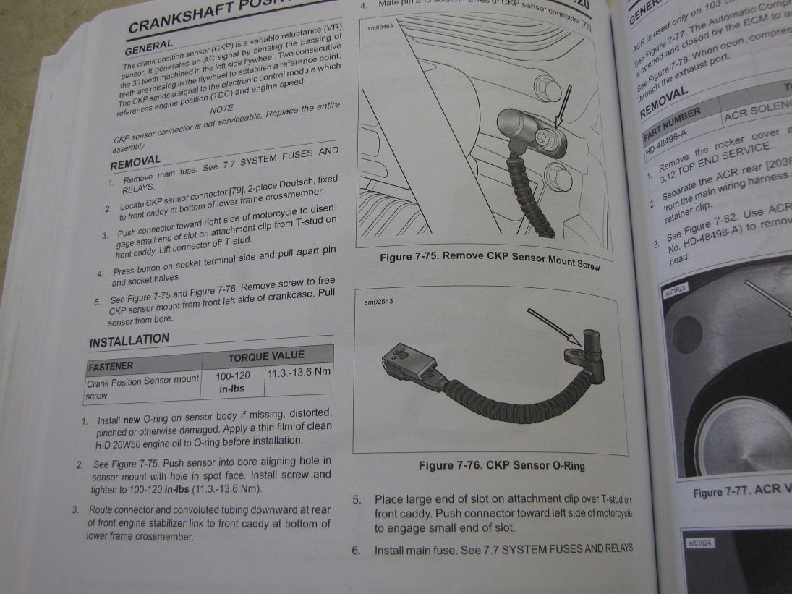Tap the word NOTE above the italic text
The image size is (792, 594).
[x=221, y=109]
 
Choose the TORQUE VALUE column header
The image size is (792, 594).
[x=266, y=356]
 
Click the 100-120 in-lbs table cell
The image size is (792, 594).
[x=233, y=382]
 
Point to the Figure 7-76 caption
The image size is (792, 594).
[x=501, y=465]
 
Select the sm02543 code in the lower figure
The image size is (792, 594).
[x=380, y=302]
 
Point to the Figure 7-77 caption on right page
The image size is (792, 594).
[x=741, y=491]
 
